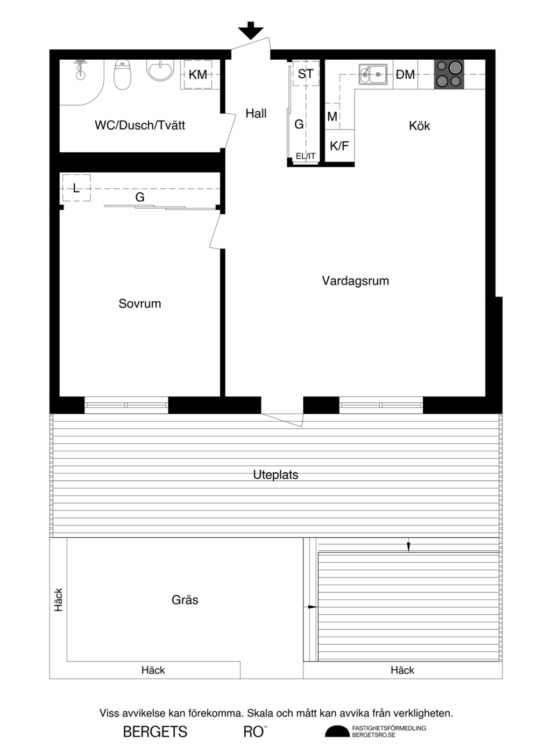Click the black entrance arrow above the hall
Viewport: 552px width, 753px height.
coord(251,31)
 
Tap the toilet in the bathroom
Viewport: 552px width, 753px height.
coord(122,74)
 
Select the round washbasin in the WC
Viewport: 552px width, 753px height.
coord(160,69)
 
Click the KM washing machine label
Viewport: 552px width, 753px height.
coord(197,75)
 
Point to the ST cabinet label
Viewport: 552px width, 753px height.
coord(306,74)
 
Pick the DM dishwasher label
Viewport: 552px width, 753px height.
coord(405,75)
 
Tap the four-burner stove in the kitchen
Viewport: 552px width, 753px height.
coord(449,74)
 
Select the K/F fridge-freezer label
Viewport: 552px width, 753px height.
coord(339,146)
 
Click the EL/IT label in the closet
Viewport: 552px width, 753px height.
coord(306,156)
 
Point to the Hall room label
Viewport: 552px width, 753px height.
coord(256,113)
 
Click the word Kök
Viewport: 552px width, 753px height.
coord(419,126)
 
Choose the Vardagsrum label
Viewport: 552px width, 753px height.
coord(355,281)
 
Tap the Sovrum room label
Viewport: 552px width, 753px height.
coord(140,303)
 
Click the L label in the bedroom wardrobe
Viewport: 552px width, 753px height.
coord(76,188)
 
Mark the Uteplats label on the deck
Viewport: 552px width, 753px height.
coord(275,474)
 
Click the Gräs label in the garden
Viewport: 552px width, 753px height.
coord(185,600)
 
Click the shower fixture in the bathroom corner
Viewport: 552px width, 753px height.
coord(80,69)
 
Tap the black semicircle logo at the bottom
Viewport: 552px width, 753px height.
coord(337,731)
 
